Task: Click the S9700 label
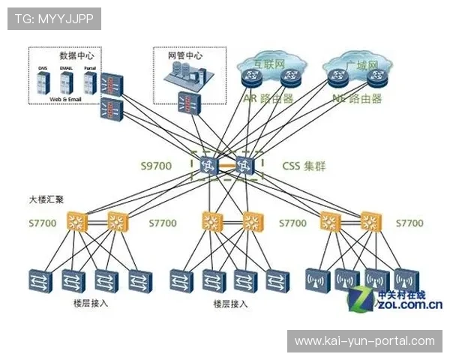pos(155,166)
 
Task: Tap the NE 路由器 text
pos(356,98)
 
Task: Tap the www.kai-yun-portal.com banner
pos(364,341)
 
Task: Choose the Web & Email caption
pos(64,98)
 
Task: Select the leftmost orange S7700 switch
pos(77,221)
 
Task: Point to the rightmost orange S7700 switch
pos(368,221)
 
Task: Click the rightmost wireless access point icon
pos(406,279)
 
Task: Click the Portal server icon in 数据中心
pos(89,81)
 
